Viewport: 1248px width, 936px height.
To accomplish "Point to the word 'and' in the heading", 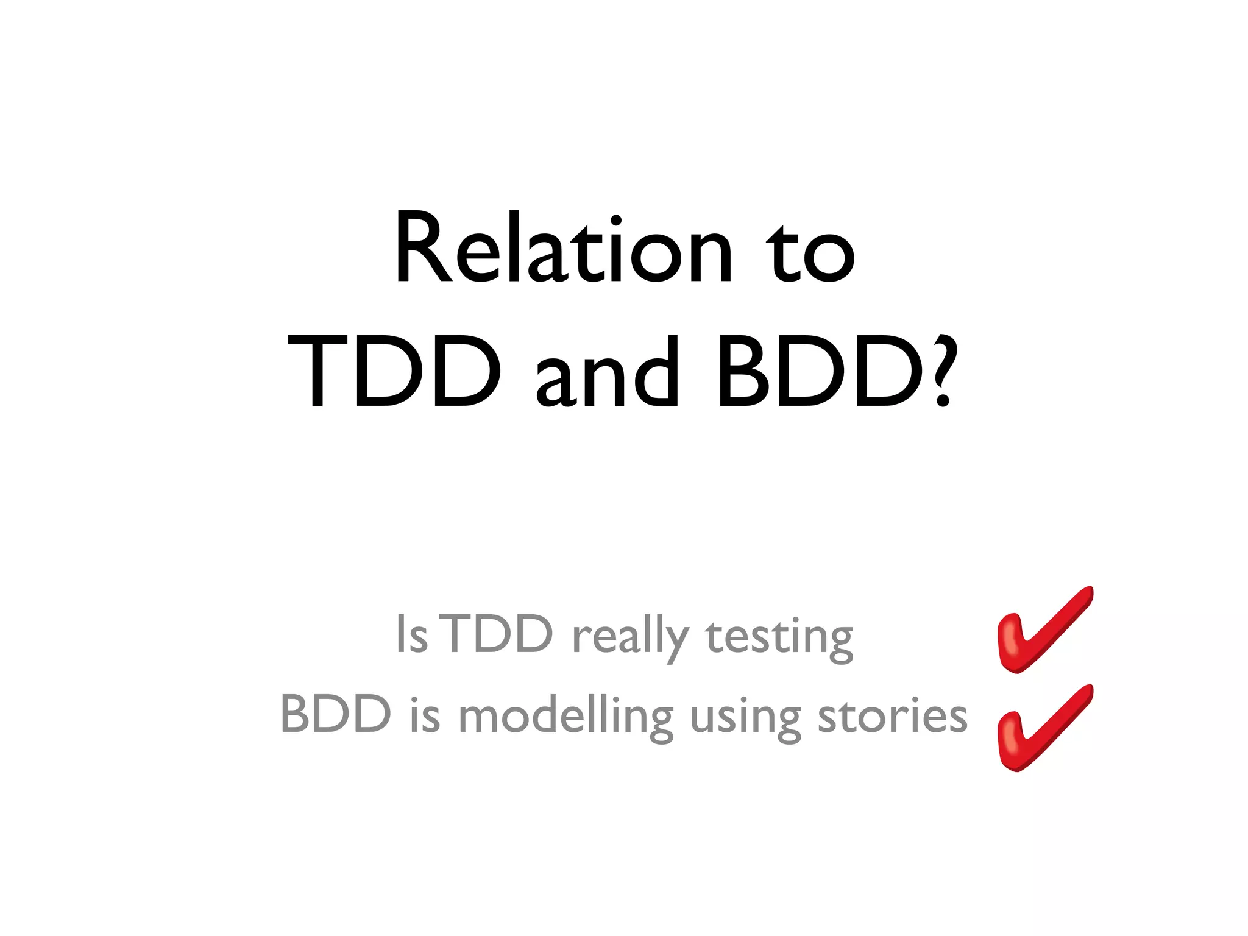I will pos(607,373).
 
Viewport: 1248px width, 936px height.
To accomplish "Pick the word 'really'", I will pos(631,637).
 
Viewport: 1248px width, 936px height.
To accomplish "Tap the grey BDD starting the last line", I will pos(336,714).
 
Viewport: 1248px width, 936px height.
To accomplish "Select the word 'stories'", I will pos(892,715).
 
